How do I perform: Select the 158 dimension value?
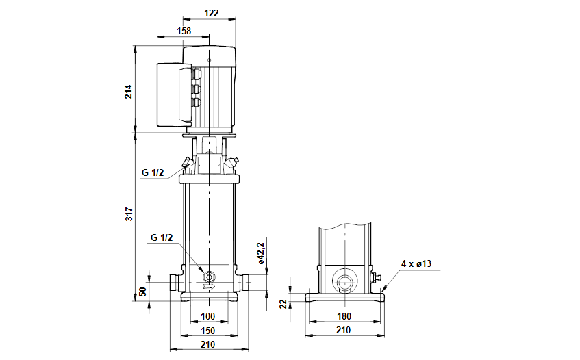point(184,31)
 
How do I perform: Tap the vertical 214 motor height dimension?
point(128,90)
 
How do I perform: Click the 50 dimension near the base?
point(143,292)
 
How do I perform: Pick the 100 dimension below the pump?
point(209,316)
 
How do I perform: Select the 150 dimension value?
point(209,331)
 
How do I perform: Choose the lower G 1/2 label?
point(162,237)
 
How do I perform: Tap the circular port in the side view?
point(344,281)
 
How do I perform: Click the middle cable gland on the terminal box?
point(197,89)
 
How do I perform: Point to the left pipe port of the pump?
point(174,282)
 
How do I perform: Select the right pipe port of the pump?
point(245,282)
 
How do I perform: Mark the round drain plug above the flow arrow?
point(210,277)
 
